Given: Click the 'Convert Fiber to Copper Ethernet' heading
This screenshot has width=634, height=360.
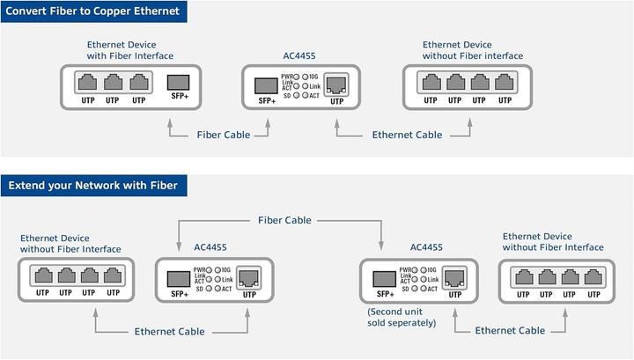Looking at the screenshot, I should coord(93,11).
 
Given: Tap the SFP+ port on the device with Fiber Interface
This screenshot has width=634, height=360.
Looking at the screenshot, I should coord(180,84).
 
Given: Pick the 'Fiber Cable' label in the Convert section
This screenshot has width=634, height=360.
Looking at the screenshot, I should coord(222,135).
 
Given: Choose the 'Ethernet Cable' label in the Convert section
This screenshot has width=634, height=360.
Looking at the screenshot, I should coord(407,135).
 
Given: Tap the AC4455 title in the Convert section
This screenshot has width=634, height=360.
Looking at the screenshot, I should coord(300,55).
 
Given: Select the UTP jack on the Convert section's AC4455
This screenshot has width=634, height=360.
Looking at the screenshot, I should coord(336,85).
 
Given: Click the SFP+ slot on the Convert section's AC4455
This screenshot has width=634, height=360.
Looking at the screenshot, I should coord(267,85).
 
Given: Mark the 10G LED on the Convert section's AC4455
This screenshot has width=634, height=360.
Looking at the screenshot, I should coord(304,77).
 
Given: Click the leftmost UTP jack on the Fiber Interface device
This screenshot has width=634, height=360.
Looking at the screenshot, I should coord(87,83).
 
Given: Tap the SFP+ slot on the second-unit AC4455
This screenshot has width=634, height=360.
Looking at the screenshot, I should coord(385,278).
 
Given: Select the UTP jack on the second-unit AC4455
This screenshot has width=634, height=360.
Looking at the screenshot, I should coord(454,279).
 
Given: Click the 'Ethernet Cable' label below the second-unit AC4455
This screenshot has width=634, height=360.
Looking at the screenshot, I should coord(509,330).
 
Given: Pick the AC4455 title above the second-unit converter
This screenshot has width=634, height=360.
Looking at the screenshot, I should coord(426,248).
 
